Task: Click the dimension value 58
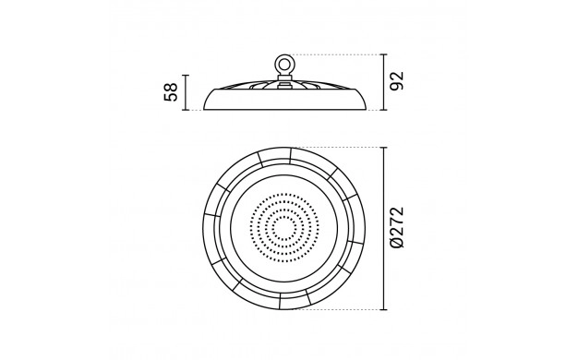pos(171,92)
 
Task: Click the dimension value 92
pos(397,81)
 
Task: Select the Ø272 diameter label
pos(397,228)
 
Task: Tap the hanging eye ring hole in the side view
pos(283,65)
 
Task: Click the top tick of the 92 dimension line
pos(384,54)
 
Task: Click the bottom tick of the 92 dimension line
pos(384,110)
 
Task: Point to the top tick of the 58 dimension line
pos(186,75)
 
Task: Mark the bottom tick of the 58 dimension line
pos(186,110)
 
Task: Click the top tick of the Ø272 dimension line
pos(384,148)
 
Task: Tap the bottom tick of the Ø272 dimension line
pos(384,309)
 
